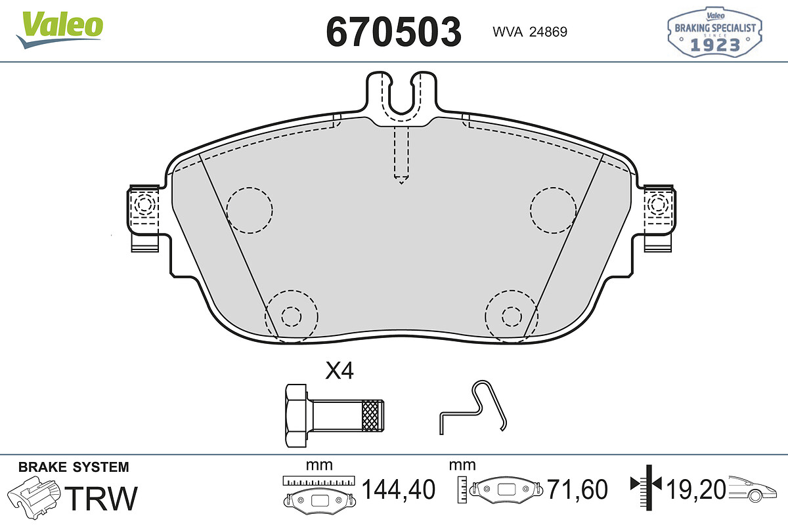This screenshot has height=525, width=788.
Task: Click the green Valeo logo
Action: pyautogui.click(x=60, y=30)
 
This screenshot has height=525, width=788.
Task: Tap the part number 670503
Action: pyautogui.click(x=393, y=31)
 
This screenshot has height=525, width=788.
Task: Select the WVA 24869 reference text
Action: pyautogui.click(x=530, y=32)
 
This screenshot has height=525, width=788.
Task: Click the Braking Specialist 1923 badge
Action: pyautogui.click(x=715, y=32)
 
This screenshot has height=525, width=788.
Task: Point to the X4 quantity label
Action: pyautogui.click(x=339, y=371)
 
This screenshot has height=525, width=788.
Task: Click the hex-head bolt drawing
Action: pyautogui.click(x=334, y=415)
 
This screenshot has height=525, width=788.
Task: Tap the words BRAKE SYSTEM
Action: pyautogui.click(x=74, y=467)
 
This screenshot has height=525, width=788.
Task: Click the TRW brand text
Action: pyautogui.click(x=101, y=498)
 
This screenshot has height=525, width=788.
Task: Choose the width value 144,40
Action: pyautogui.click(x=399, y=490)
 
